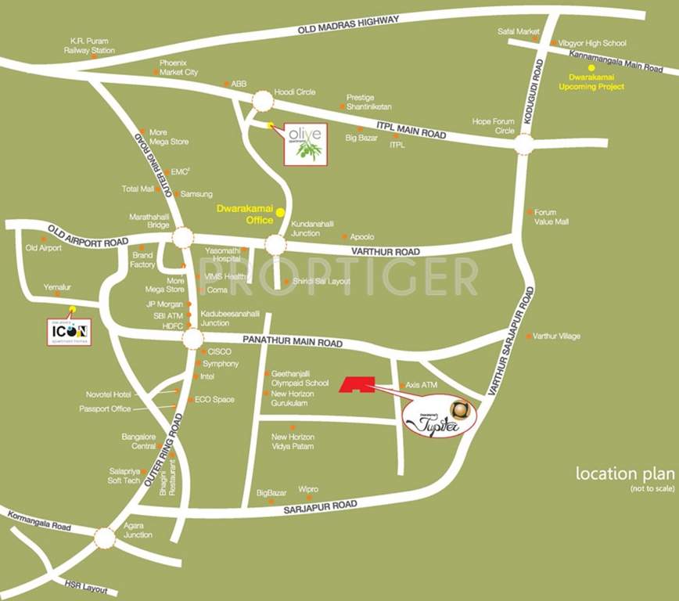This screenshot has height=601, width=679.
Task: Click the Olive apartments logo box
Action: pos(306,144)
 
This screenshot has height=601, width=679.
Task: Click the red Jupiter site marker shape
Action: pos(356,383)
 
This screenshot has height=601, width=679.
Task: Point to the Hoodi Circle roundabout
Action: pos(263,101)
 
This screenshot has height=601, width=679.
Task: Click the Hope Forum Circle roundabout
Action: pos(524,143)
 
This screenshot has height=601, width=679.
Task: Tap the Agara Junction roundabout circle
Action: pos(105,538)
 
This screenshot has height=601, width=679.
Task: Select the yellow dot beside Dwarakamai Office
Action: pos(280,211)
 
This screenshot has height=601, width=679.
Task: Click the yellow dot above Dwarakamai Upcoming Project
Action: pos(591,68)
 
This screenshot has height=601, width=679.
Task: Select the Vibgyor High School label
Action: pos(592,43)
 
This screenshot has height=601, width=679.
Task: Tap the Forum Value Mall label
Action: pos(551,217)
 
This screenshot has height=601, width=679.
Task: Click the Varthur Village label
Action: pos(556,336)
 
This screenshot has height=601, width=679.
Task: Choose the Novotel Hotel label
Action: pos(110,394)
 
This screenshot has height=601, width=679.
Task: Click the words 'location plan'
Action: pos(624,473)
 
